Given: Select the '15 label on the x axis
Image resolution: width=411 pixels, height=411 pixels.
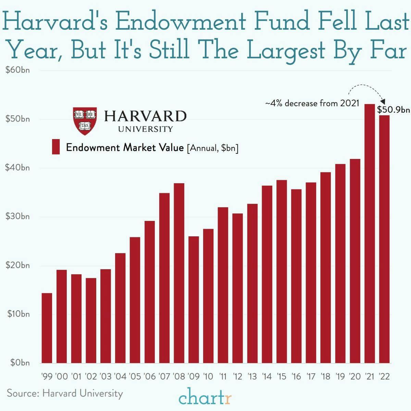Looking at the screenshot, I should pos(281,376).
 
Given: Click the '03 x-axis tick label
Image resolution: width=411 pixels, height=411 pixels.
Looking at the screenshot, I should pos(105,376).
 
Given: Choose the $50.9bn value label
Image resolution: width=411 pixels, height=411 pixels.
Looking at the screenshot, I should pos(393,110).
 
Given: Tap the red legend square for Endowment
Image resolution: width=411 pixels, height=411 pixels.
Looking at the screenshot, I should pos(56,147).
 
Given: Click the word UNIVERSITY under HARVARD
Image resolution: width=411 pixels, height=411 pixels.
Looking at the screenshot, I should pos(146,129).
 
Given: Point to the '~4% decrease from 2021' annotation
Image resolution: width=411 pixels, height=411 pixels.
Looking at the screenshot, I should pos(312,103).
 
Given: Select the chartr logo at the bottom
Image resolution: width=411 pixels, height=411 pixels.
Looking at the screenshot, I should pos(205,398).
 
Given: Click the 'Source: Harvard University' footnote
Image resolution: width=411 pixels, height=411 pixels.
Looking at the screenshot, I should pos(65,393).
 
